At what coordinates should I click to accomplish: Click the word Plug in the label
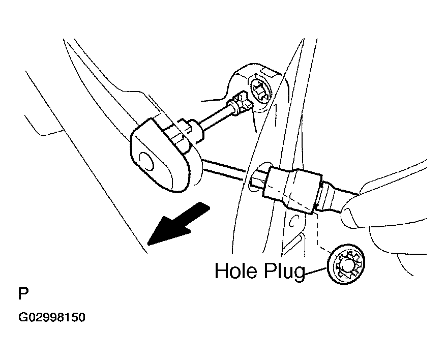point(284,272)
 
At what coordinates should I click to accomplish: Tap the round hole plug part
point(346,264)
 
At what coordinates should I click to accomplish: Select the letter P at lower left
point(23,294)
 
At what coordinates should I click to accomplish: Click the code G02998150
point(52,317)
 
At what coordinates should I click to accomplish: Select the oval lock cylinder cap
point(161,155)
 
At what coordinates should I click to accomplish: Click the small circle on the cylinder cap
point(146,162)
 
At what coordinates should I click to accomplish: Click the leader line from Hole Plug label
point(316,271)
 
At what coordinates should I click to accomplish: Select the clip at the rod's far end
point(241,102)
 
